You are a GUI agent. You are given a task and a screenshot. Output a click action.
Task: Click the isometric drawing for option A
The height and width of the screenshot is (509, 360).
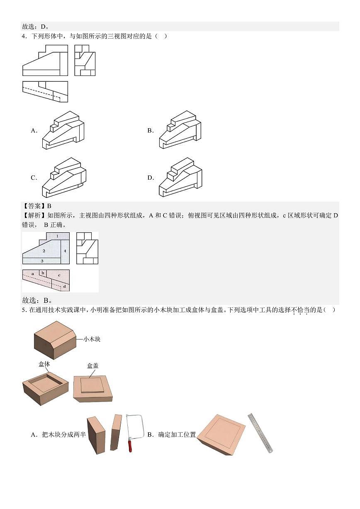tap(63, 130)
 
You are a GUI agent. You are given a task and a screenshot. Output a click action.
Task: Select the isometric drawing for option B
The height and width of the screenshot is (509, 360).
tap(180, 130)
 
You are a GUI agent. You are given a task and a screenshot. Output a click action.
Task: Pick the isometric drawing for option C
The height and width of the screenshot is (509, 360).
tap(64, 178)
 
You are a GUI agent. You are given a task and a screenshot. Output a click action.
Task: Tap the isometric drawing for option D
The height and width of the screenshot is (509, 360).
tap(180, 178)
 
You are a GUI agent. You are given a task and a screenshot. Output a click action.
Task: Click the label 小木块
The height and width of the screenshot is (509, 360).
tap(92, 339)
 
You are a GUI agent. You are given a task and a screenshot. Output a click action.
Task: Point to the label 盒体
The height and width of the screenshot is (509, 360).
tap(44, 364)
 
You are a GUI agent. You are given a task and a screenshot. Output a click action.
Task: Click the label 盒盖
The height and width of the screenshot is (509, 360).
tap(92, 366)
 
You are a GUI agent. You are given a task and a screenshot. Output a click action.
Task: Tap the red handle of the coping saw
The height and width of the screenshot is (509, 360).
tap(130, 446)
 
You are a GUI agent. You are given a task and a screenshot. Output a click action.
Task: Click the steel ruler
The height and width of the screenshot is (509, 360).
tap(260, 433)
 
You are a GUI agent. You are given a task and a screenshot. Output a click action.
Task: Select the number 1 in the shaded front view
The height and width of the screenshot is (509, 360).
tap(57, 236)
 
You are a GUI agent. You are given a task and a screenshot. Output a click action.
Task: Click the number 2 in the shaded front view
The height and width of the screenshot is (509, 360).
tap(44, 251)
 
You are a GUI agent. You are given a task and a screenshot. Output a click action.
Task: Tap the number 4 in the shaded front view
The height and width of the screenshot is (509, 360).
tap(65, 251)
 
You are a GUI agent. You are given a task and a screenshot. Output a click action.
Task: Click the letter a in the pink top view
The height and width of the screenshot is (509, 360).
tap(33, 274)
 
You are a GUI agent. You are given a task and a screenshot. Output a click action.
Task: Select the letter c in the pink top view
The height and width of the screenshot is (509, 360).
tap(59, 275)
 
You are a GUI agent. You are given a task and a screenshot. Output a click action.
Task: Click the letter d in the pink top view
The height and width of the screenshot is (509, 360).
tap(64, 286)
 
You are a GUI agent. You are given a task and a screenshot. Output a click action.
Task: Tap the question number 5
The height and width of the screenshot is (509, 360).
tap(24, 310)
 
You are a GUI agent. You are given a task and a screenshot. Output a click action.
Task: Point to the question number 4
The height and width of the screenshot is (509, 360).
tap(24, 36)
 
